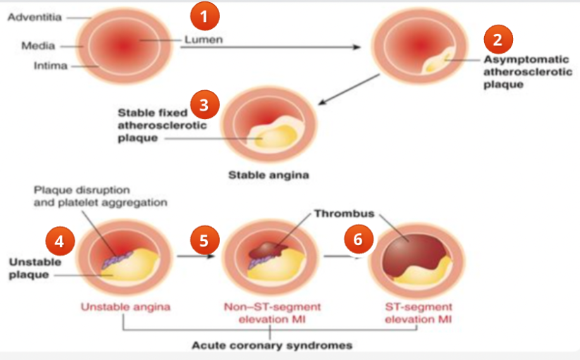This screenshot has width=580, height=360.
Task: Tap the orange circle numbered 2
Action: (x=498, y=39)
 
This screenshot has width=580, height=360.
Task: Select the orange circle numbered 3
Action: (x=204, y=105)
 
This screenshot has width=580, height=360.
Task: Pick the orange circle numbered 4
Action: (x=60, y=241)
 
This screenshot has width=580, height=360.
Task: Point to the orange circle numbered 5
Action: (x=204, y=240)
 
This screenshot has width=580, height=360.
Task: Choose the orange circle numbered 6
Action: (x=358, y=240)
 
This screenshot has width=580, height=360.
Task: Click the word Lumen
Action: (x=203, y=39)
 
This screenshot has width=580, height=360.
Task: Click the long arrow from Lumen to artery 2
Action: (x=296, y=47)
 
